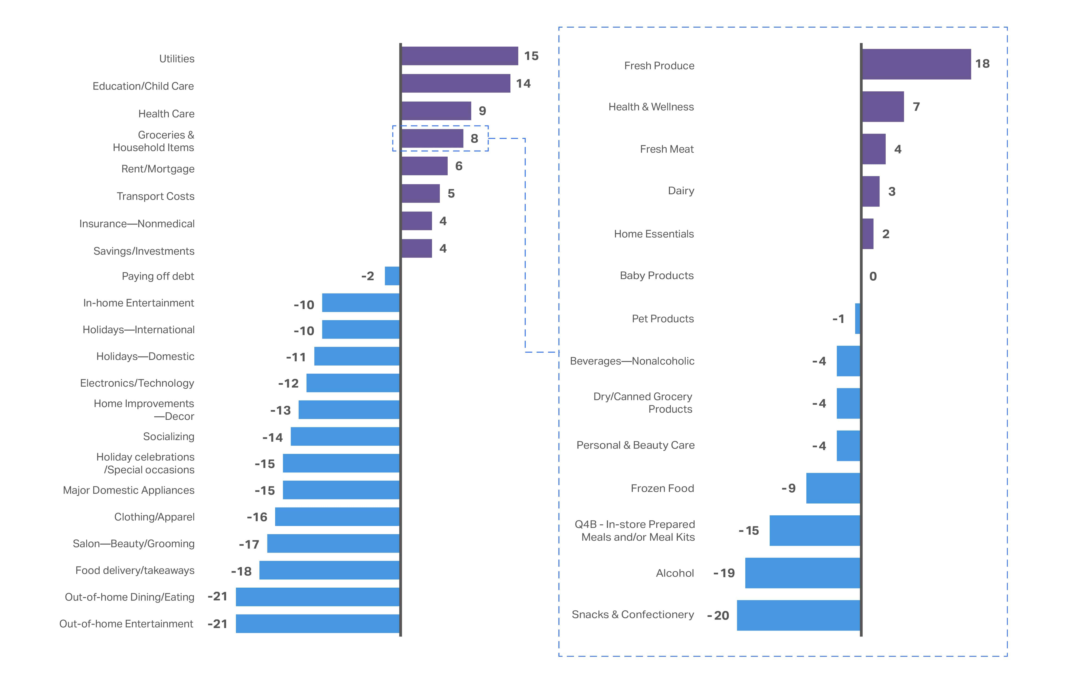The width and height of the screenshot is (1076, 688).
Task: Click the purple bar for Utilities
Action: click(459, 56)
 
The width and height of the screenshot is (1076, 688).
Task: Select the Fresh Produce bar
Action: click(916, 64)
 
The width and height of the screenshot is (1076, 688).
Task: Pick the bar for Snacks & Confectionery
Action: click(799, 615)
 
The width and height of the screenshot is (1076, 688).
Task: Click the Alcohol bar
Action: click(802, 573)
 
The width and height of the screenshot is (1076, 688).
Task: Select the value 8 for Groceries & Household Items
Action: click(474, 138)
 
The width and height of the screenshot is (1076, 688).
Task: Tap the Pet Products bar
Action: click(857, 318)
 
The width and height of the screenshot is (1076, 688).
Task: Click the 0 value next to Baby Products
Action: click(873, 276)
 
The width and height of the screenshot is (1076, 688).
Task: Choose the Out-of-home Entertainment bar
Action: click(318, 624)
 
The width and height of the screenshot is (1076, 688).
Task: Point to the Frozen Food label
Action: click(662, 488)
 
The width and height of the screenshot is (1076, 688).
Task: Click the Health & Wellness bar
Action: click(883, 106)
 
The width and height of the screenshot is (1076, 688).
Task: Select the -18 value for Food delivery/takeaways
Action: click(241, 571)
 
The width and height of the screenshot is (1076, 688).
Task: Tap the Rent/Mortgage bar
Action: click(424, 166)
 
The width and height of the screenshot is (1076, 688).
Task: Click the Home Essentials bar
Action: click(867, 234)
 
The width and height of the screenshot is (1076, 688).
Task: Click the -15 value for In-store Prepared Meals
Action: click(749, 531)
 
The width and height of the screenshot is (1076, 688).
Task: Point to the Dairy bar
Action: click(871, 191)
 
